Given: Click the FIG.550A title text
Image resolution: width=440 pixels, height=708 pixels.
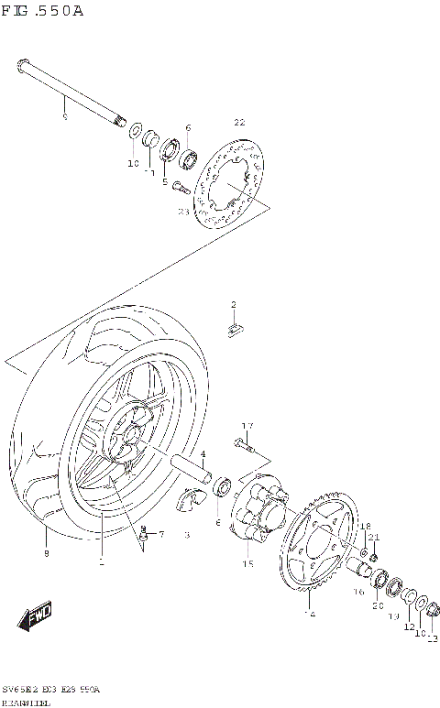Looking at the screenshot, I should pyautogui.click(x=44, y=11).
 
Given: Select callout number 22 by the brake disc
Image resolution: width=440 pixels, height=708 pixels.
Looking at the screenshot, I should pyautogui.click(x=239, y=123).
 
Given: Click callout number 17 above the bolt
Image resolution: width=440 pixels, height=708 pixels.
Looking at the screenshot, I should pyautogui.click(x=247, y=426).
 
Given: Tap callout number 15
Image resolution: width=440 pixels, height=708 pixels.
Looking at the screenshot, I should pyautogui.click(x=247, y=565).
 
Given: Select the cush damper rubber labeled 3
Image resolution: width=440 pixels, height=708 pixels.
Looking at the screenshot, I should pyautogui.click(x=192, y=502).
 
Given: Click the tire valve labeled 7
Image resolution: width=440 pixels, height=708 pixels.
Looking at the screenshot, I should pyautogui.click(x=142, y=534).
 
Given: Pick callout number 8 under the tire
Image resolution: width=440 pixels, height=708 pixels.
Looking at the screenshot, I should pyautogui.click(x=46, y=553).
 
